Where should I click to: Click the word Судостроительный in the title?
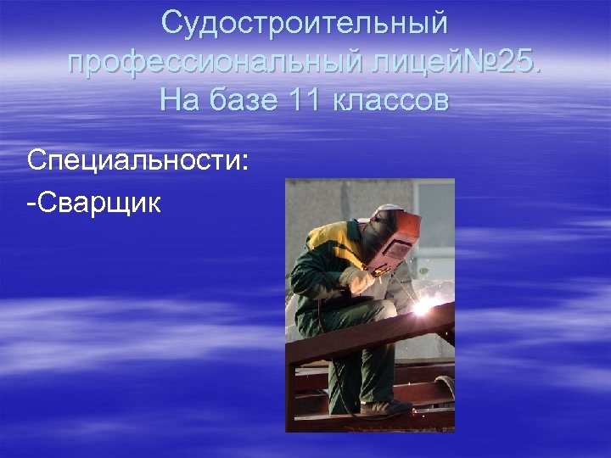(x=305, y=24)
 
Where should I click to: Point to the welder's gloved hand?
(x=356, y=280)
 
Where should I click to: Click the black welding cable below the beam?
(x=335, y=390)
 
